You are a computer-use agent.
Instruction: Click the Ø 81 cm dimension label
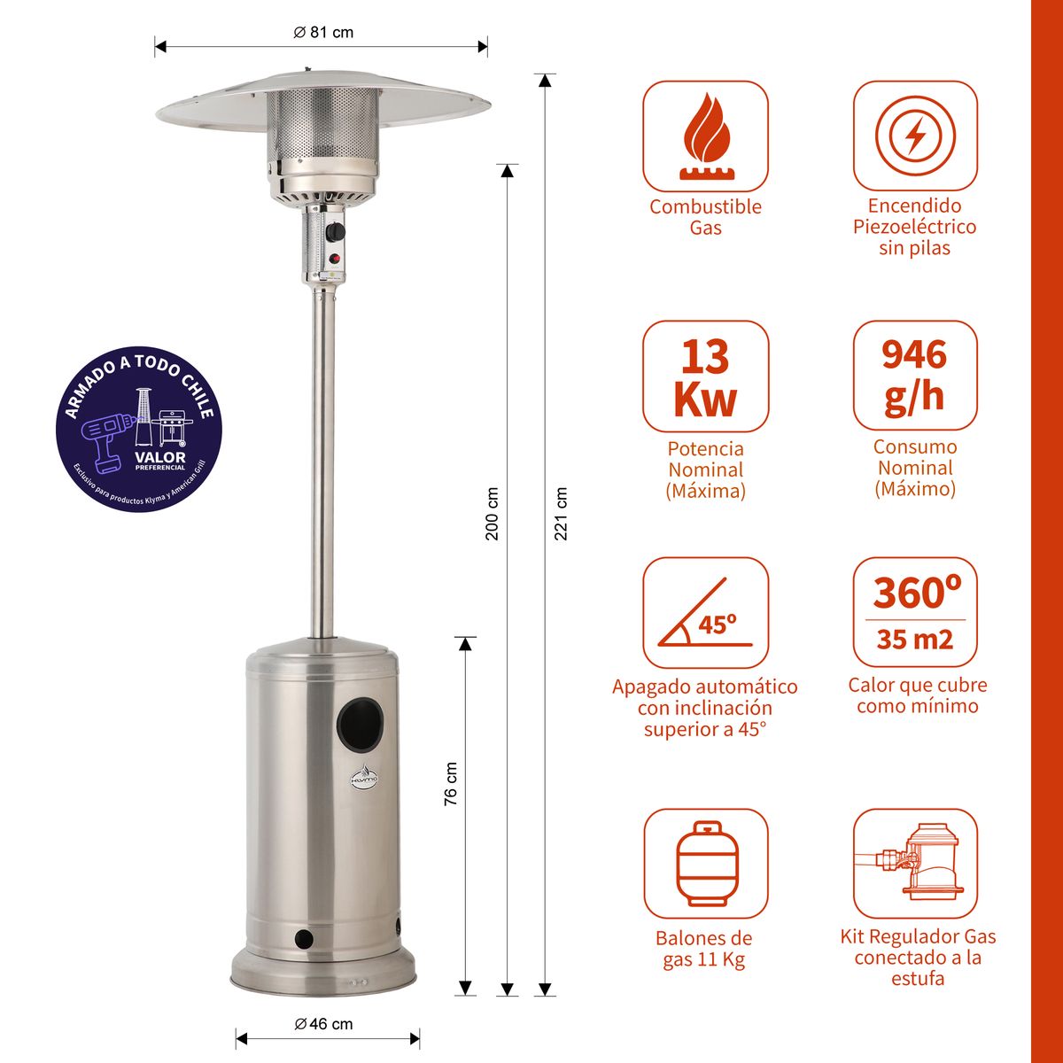click(x=323, y=32)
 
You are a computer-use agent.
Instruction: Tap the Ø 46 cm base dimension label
click(x=323, y=1024)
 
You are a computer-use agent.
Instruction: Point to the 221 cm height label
click(x=560, y=513)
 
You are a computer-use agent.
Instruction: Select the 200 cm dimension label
click(x=493, y=513)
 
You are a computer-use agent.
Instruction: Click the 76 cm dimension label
click(x=451, y=783)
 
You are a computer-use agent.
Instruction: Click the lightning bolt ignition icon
click(x=915, y=136)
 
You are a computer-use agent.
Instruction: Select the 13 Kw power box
click(x=705, y=376)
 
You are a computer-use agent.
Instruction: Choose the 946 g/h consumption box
click(x=915, y=376)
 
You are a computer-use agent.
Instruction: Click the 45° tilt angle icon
click(x=705, y=613)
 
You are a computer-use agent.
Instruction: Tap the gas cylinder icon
click(x=705, y=864)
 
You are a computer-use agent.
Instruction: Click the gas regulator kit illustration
click(x=915, y=864)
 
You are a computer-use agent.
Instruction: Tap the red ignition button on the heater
click(x=335, y=260)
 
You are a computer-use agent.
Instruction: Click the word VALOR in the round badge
click(x=160, y=457)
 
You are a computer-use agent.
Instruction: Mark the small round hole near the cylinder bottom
click(x=304, y=937)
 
